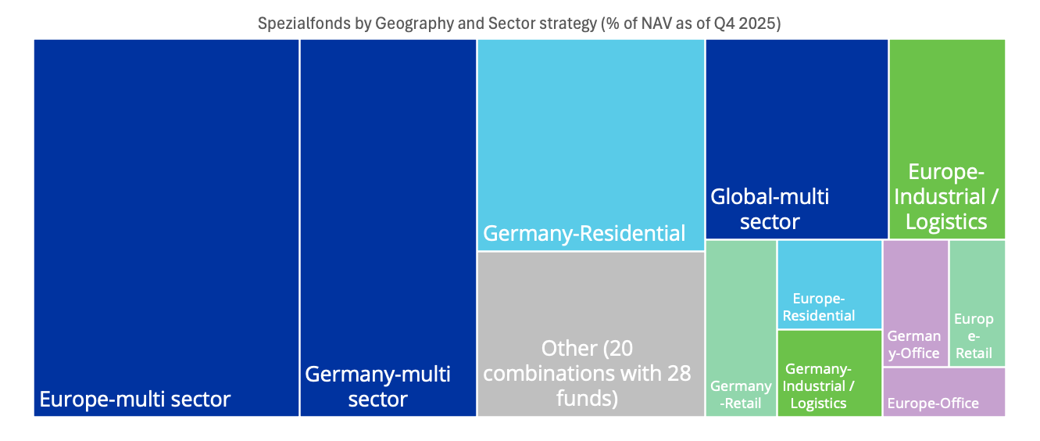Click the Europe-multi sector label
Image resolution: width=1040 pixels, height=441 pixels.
135,400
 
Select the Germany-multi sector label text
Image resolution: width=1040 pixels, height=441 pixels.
377,386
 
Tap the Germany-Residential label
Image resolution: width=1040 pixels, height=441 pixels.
584,233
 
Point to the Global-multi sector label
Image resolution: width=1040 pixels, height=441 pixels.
770,209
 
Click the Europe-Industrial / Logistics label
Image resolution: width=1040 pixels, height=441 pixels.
946,196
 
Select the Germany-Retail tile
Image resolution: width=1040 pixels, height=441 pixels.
741,328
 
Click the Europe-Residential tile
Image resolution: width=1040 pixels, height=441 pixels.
829,284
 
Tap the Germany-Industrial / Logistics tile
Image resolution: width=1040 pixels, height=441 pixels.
829,373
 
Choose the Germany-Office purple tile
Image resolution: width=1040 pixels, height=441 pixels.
915,301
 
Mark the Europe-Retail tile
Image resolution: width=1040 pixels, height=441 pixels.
977,301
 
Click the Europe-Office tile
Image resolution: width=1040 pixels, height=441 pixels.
943,393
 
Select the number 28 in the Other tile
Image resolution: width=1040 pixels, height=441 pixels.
678,373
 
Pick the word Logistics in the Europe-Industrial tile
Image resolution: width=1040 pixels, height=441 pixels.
946,222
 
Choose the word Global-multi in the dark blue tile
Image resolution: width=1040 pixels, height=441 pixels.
770,196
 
